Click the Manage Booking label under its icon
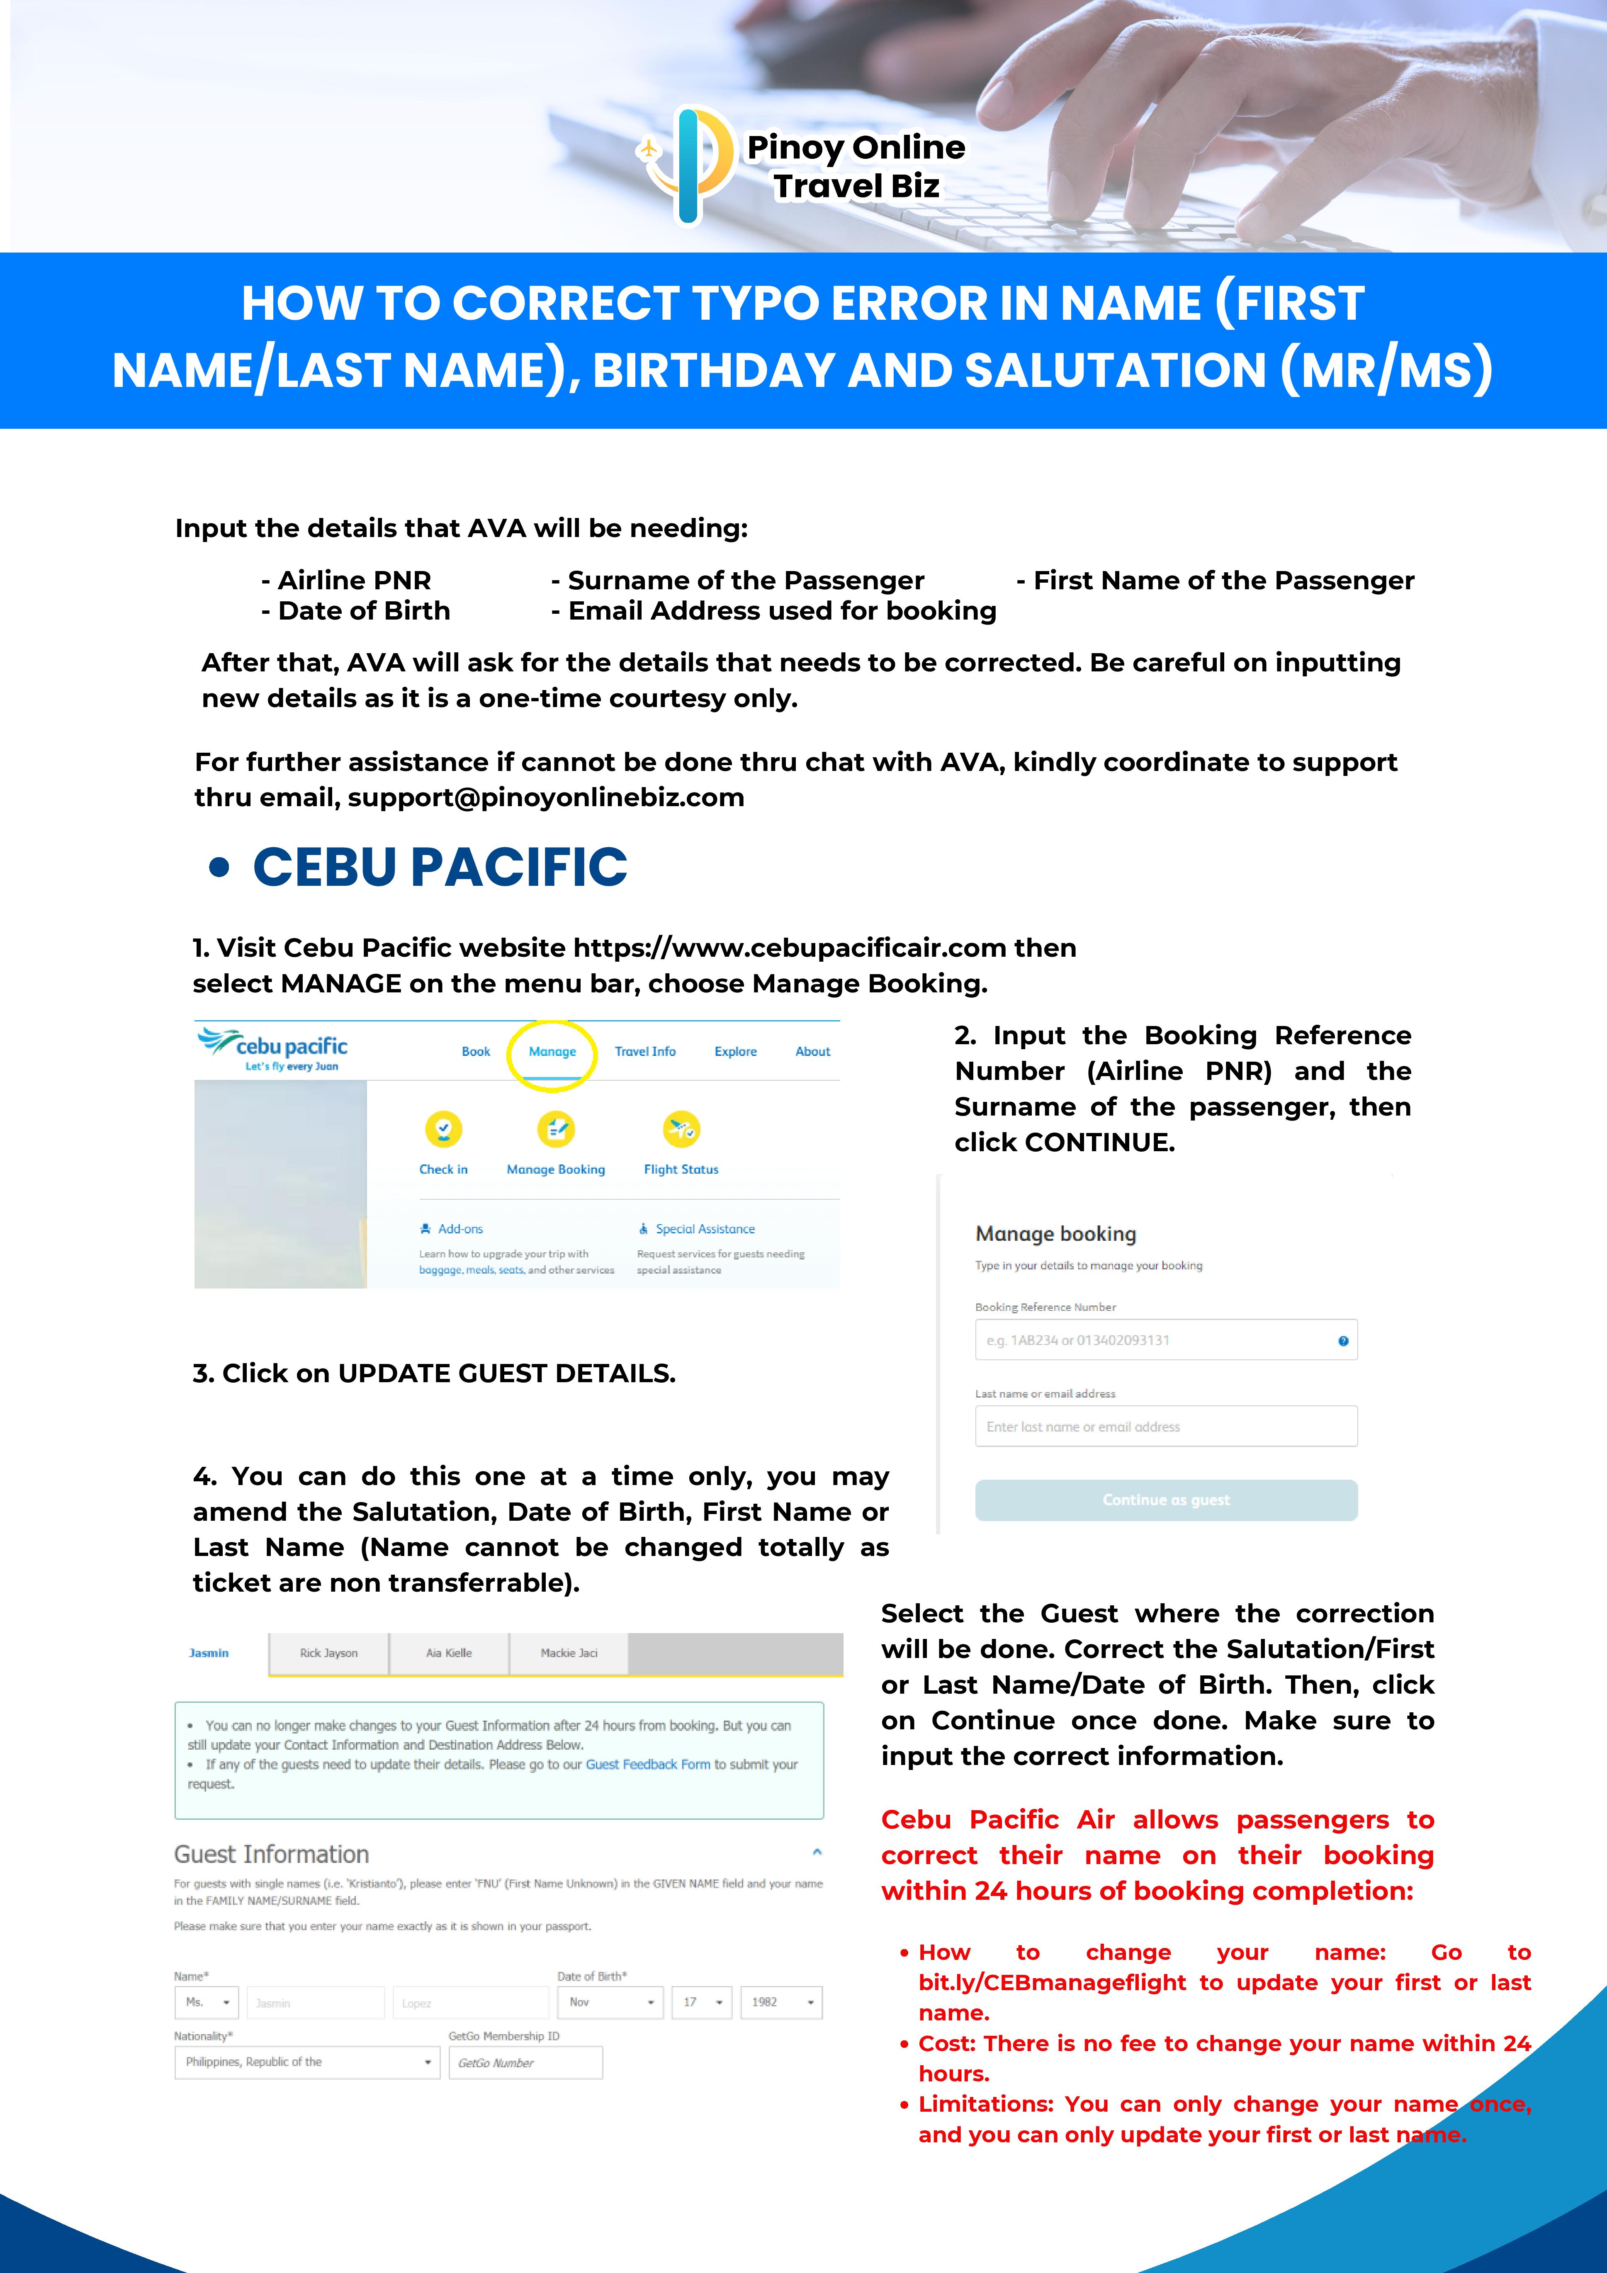click(555, 1169)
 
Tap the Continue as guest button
click(1165, 1500)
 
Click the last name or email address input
click(1165, 1427)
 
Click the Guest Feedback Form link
click(647, 1764)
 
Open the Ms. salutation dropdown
click(207, 2002)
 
